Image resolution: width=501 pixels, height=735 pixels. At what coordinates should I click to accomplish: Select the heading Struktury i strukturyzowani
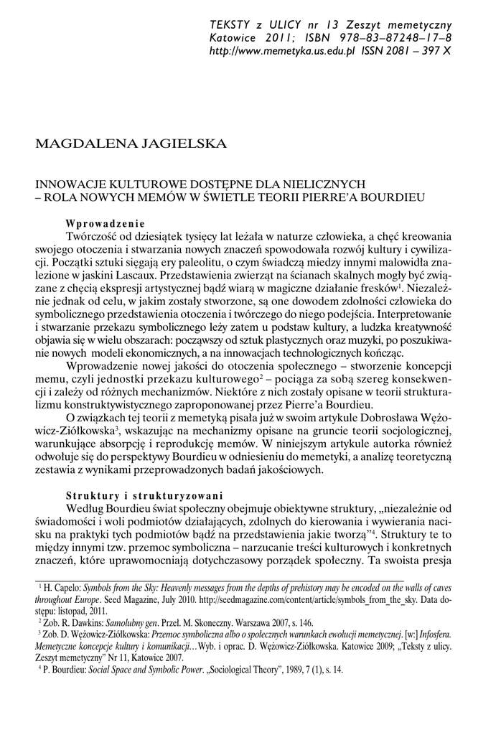[144, 495]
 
